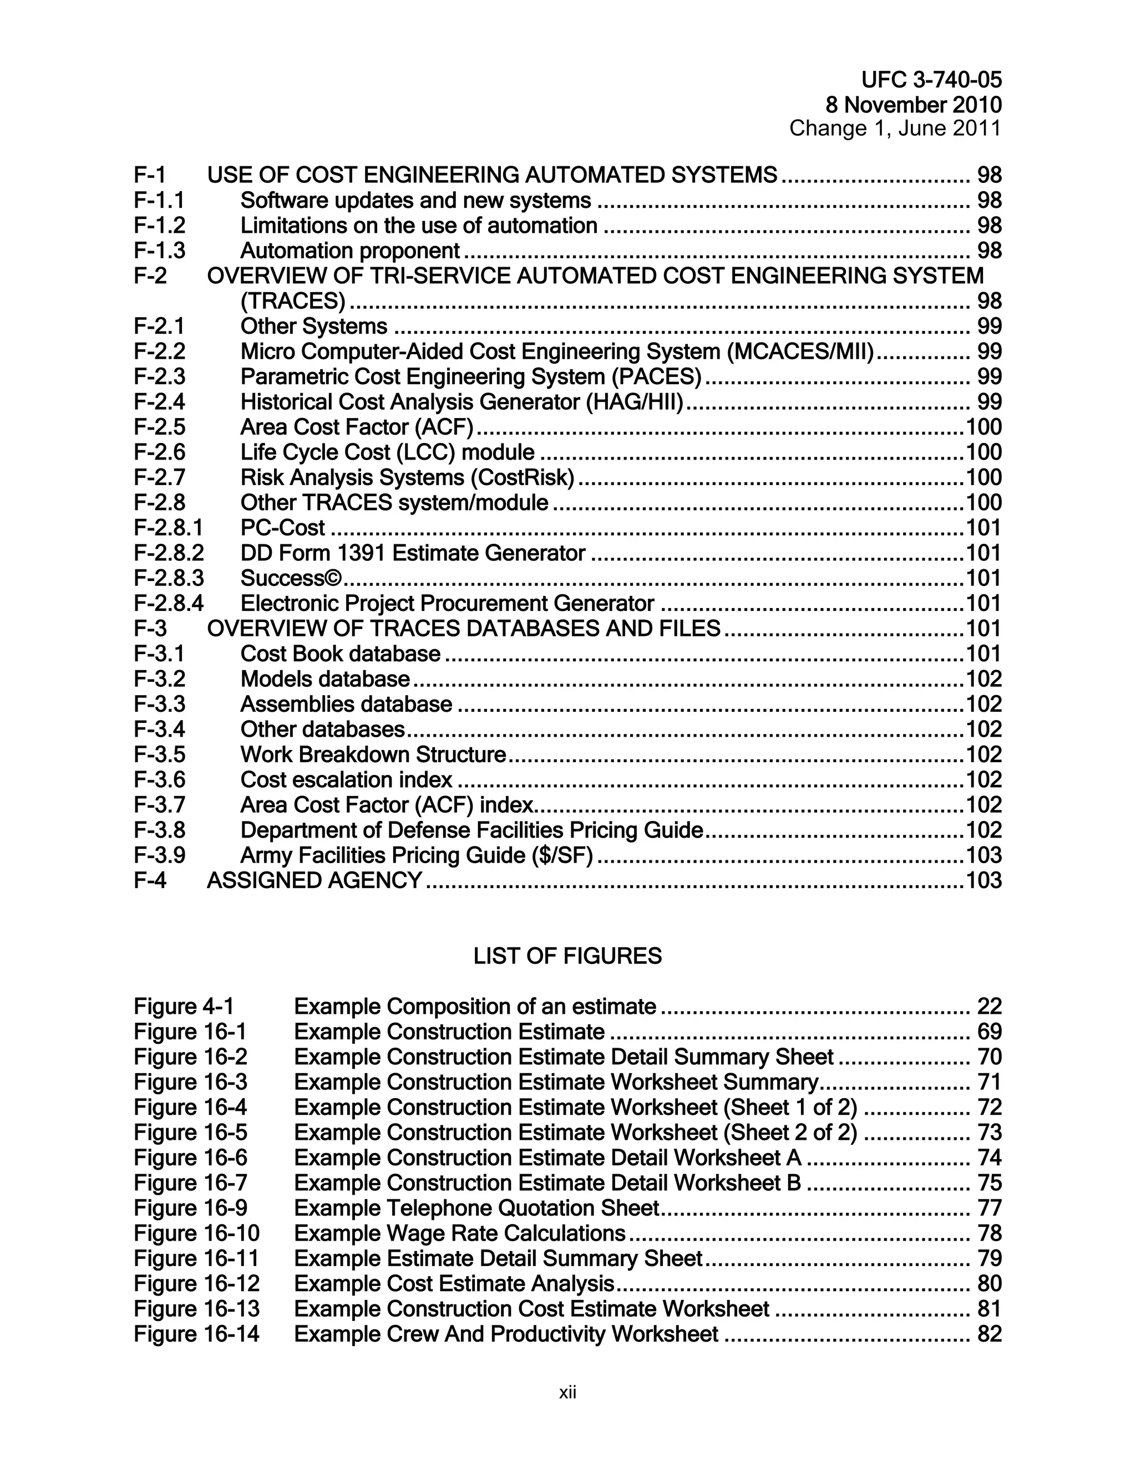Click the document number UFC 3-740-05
point(931,80)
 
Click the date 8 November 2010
point(913,105)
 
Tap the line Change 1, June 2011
point(895,128)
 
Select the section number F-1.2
point(160,225)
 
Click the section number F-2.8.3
point(168,578)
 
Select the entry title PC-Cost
point(283,528)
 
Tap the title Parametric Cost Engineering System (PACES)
point(470,376)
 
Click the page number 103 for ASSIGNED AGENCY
point(983,880)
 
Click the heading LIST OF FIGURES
point(567,956)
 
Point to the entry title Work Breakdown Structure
point(373,754)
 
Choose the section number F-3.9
point(160,855)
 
